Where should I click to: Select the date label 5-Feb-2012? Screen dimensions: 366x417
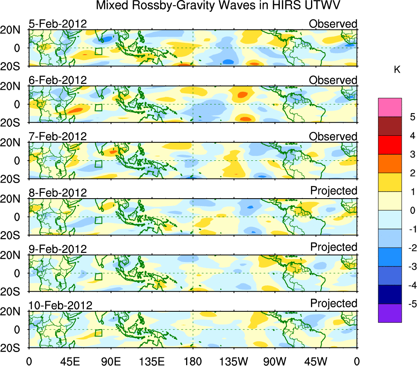tap(58, 24)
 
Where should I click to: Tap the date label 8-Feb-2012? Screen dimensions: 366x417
tap(58, 192)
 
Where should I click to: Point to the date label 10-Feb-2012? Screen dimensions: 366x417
tap(60, 305)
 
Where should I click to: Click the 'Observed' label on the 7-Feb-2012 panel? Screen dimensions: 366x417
tap(333, 137)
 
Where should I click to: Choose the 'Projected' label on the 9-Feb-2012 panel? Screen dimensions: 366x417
tap(334, 247)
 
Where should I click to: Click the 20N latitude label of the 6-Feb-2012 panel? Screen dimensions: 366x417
tap(13, 87)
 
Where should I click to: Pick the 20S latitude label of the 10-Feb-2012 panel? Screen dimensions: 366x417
tap(13, 348)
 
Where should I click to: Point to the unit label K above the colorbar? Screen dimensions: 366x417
tap(397, 70)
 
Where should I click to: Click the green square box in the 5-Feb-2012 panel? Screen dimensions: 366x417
tap(98, 51)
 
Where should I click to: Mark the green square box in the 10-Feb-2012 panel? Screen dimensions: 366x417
tap(98, 333)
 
